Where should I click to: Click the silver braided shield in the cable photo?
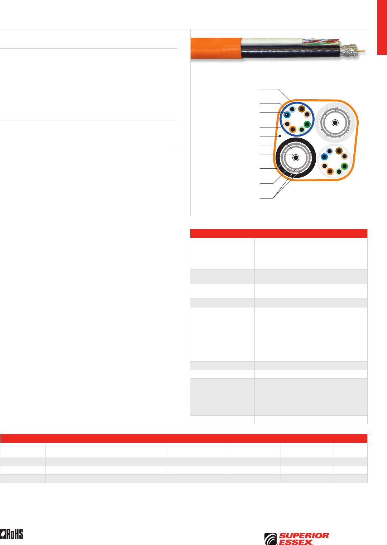[x=348, y=51]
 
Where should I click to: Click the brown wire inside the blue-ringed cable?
[x=302, y=109]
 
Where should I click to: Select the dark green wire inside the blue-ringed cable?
[x=307, y=124]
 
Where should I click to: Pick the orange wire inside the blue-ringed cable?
[x=293, y=129]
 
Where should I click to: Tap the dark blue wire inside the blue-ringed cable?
[x=287, y=115]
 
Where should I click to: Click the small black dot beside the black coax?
[x=279, y=136]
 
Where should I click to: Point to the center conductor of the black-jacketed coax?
[x=296, y=158]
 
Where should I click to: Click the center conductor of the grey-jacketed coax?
[x=335, y=123]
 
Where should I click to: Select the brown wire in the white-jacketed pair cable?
[x=339, y=151]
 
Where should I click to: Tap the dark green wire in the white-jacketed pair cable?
[x=344, y=166]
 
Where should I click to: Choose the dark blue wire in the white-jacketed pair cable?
[x=324, y=157]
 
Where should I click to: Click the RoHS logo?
[x=11, y=534]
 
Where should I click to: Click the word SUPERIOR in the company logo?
[x=304, y=536]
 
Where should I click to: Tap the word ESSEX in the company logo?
[x=296, y=542]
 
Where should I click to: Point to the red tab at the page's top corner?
[x=382, y=27]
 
